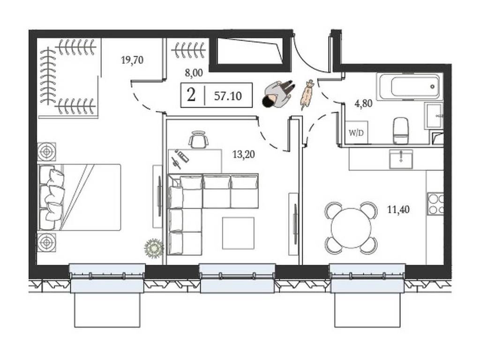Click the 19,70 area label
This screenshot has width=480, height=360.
click(x=132, y=60)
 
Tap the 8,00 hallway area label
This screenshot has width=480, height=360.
click(x=194, y=73)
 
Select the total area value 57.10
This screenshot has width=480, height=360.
click(x=228, y=96)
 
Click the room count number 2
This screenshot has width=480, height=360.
click(x=191, y=95)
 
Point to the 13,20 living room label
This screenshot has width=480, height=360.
click(x=244, y=154)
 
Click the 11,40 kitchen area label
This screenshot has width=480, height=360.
click(x=398, y=210)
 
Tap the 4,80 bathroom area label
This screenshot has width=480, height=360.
click(x=363, y=104)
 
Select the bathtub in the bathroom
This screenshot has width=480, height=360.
click(x=410, y=86)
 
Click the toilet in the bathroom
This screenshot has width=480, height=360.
click(x=401, y=130)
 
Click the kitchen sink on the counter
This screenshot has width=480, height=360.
click(x=401, y=159)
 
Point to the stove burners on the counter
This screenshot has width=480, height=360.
click(x=435, y=204)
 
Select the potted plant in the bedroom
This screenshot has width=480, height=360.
click(x=154, y=247)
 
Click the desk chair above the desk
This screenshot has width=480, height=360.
click(x=199, y=139)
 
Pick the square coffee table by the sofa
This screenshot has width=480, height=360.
click(x=238, y=233)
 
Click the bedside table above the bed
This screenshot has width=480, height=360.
click(x=46, y=151)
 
